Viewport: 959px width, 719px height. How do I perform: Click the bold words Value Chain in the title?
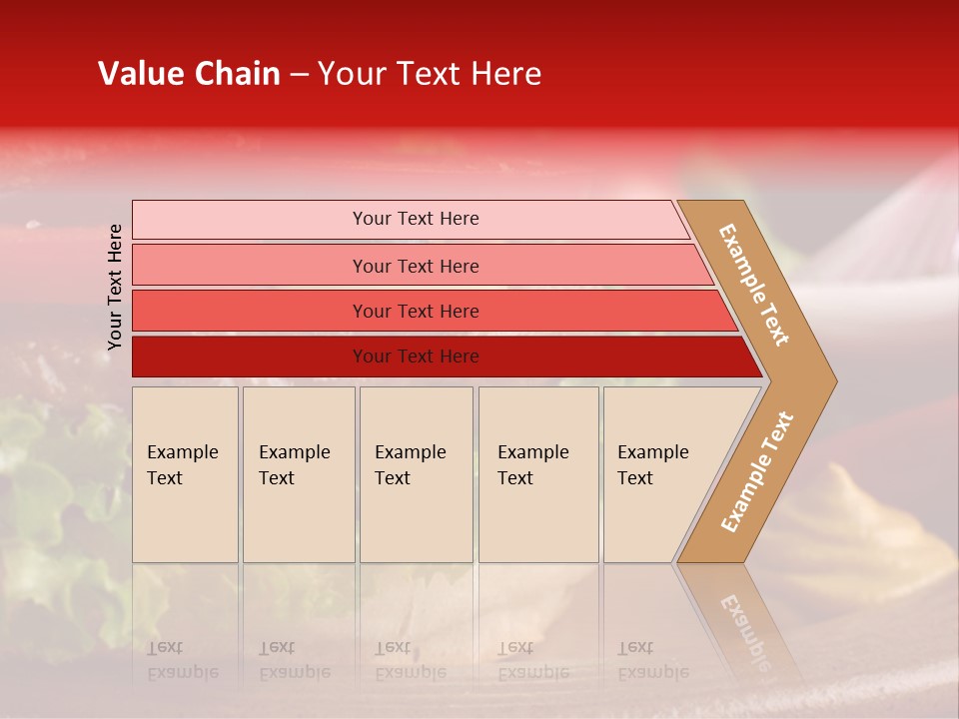coord(189,74)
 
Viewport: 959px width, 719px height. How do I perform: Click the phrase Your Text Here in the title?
coord(430,74)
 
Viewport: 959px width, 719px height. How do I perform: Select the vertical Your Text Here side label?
coord(115,287)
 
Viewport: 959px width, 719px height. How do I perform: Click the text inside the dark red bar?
coord(416,357)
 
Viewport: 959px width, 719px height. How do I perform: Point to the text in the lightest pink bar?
coord(416,219)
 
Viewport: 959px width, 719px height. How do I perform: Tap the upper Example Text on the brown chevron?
coord(754,285)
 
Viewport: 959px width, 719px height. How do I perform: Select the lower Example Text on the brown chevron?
coord(757,471)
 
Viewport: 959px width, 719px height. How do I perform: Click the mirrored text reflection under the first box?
coord(182,660)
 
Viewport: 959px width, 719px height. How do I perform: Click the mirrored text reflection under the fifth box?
coord(652,660)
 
